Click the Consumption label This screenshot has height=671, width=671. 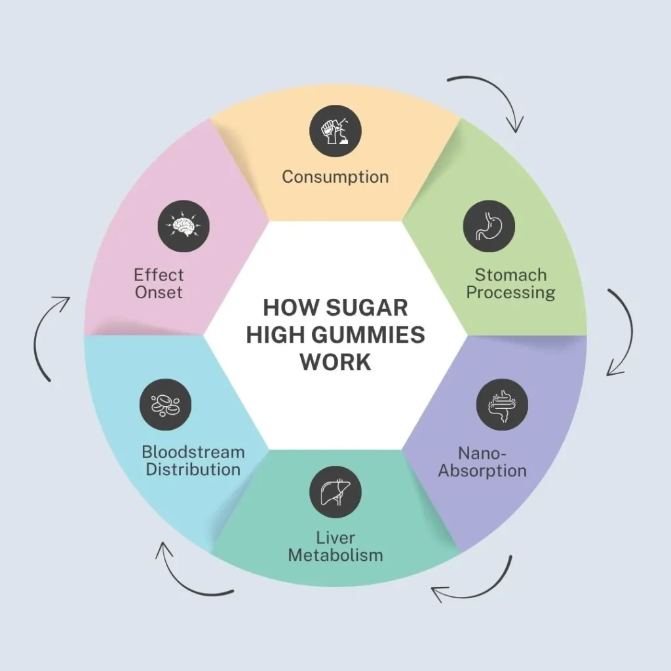[x=335, y=177]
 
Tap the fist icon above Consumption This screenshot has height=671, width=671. [x=335, y=130]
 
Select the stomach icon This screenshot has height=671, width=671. [x=489, y=227]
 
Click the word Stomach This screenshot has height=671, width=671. [x=510, y=275]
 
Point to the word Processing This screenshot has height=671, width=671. [x=510, y=292]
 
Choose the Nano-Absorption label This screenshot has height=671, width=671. [x=482, y=462]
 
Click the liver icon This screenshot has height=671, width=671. [x=335, y=492]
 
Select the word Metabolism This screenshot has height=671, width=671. [x=335, y=556]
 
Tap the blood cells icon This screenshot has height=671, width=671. [x=165, y=405]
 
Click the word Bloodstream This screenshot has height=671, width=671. [x=193, y=452]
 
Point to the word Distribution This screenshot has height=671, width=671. [x=193, y=470]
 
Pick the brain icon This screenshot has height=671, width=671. [x=183, y=226]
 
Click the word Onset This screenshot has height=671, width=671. [x=159, y=292]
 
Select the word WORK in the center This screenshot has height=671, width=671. [x=335, y=362]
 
